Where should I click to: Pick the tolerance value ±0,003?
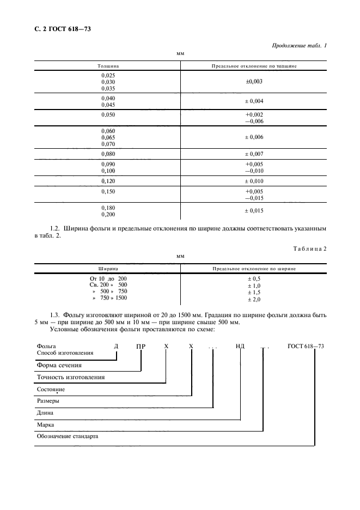click(254, 81)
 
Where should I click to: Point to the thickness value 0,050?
click(108, 115)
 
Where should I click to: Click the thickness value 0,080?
click(108, 154)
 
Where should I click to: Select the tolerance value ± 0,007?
click(254, 154)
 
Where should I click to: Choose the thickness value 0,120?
click(108, 180)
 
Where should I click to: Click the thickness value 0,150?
click(108, 192)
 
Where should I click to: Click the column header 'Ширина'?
click(108, 269)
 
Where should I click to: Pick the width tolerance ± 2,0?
click(254, 299)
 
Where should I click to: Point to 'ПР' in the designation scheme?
click(141, 346)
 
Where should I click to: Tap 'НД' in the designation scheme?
click(240, 346)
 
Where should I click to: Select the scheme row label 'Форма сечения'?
click(59, 365)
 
